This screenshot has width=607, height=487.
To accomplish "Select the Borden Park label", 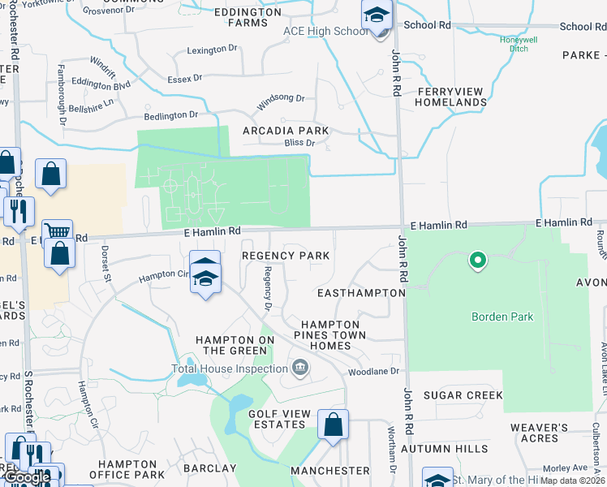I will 502,317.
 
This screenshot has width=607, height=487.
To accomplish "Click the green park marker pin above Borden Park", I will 478,261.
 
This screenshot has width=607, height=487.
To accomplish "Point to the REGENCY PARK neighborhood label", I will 286,256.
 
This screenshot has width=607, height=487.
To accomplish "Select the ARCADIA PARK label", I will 286,131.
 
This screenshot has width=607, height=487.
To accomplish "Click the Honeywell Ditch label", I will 507,44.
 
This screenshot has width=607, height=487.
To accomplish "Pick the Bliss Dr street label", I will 299,143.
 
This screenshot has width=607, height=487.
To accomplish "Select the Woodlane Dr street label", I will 374,371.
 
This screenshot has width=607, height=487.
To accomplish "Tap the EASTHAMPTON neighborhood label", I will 361,292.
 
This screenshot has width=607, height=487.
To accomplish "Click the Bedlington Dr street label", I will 170,115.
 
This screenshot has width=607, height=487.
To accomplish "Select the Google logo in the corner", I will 26,477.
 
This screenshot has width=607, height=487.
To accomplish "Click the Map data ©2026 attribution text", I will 573,481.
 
